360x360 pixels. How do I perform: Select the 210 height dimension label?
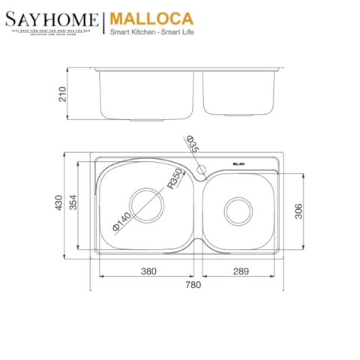(63, 94)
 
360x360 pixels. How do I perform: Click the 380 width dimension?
(147, 271)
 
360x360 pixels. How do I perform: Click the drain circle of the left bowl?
(147, 203)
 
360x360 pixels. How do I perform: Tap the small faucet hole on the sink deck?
(201, 172)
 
